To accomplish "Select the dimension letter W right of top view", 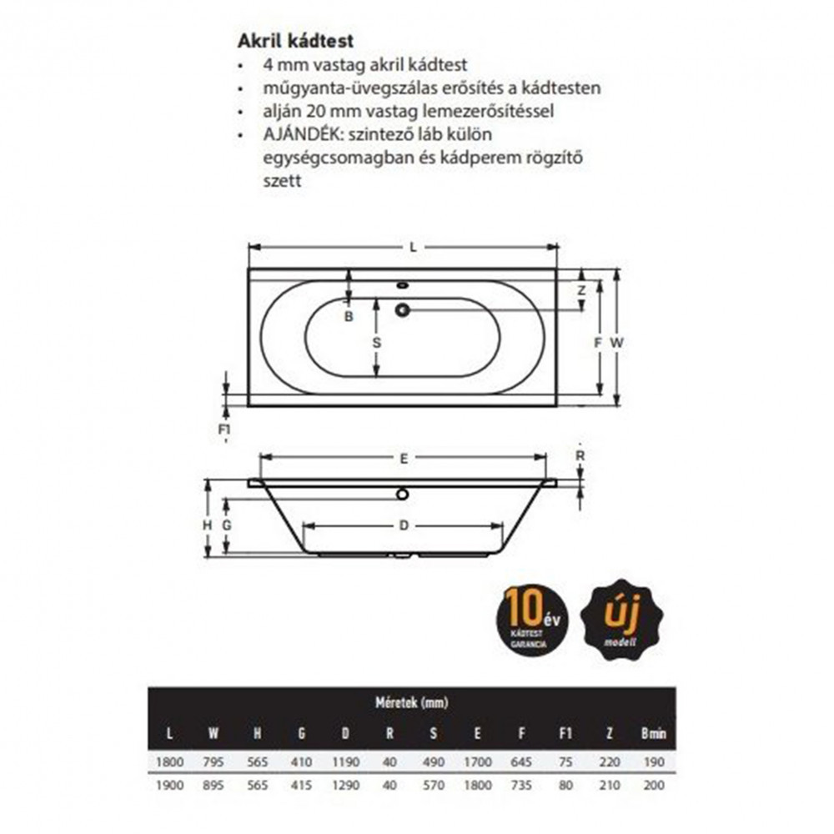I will click(x=615, y=343).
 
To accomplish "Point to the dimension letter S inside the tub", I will click(x=376, y=343).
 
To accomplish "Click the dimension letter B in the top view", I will click(x=349, y=316).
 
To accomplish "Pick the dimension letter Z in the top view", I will click(x=582, y=291).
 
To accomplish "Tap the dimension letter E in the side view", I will click(x=403, y=458).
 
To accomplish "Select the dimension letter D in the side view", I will click(x=403, y=525).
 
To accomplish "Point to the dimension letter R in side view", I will click(x=580, y=456).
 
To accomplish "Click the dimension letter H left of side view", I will click(x=207, y=525).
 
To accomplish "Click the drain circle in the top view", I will click(x=403, y=311).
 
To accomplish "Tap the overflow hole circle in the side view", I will click(x=403, y=494).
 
